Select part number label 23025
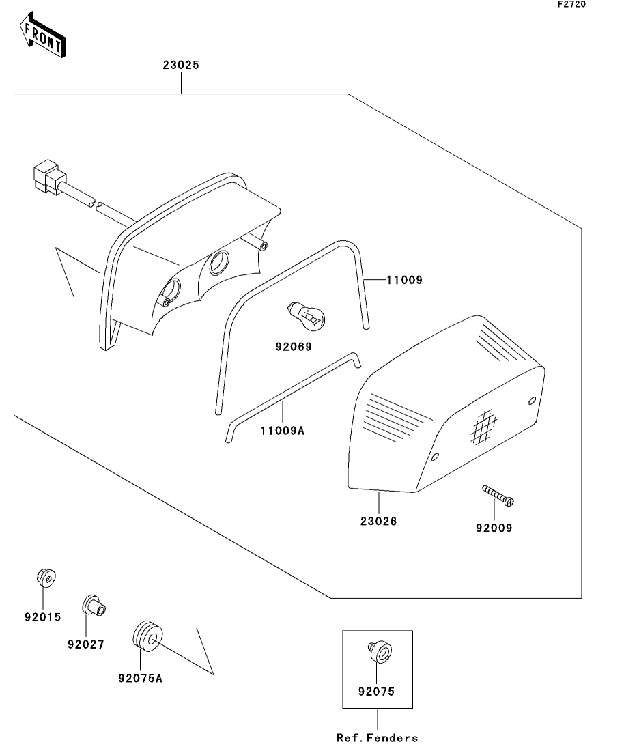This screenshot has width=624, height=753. tap(181, 66)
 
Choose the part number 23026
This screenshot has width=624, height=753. tap(378, 522)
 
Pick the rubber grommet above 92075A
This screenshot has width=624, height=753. tap(145, 637)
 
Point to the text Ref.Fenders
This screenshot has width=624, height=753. tap(377, 737)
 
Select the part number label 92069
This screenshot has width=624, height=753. tap(294, 347)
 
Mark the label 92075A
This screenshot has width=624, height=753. tap(141, 679)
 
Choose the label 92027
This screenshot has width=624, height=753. tap(85, 644)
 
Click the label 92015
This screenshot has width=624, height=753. tap(42, 617)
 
